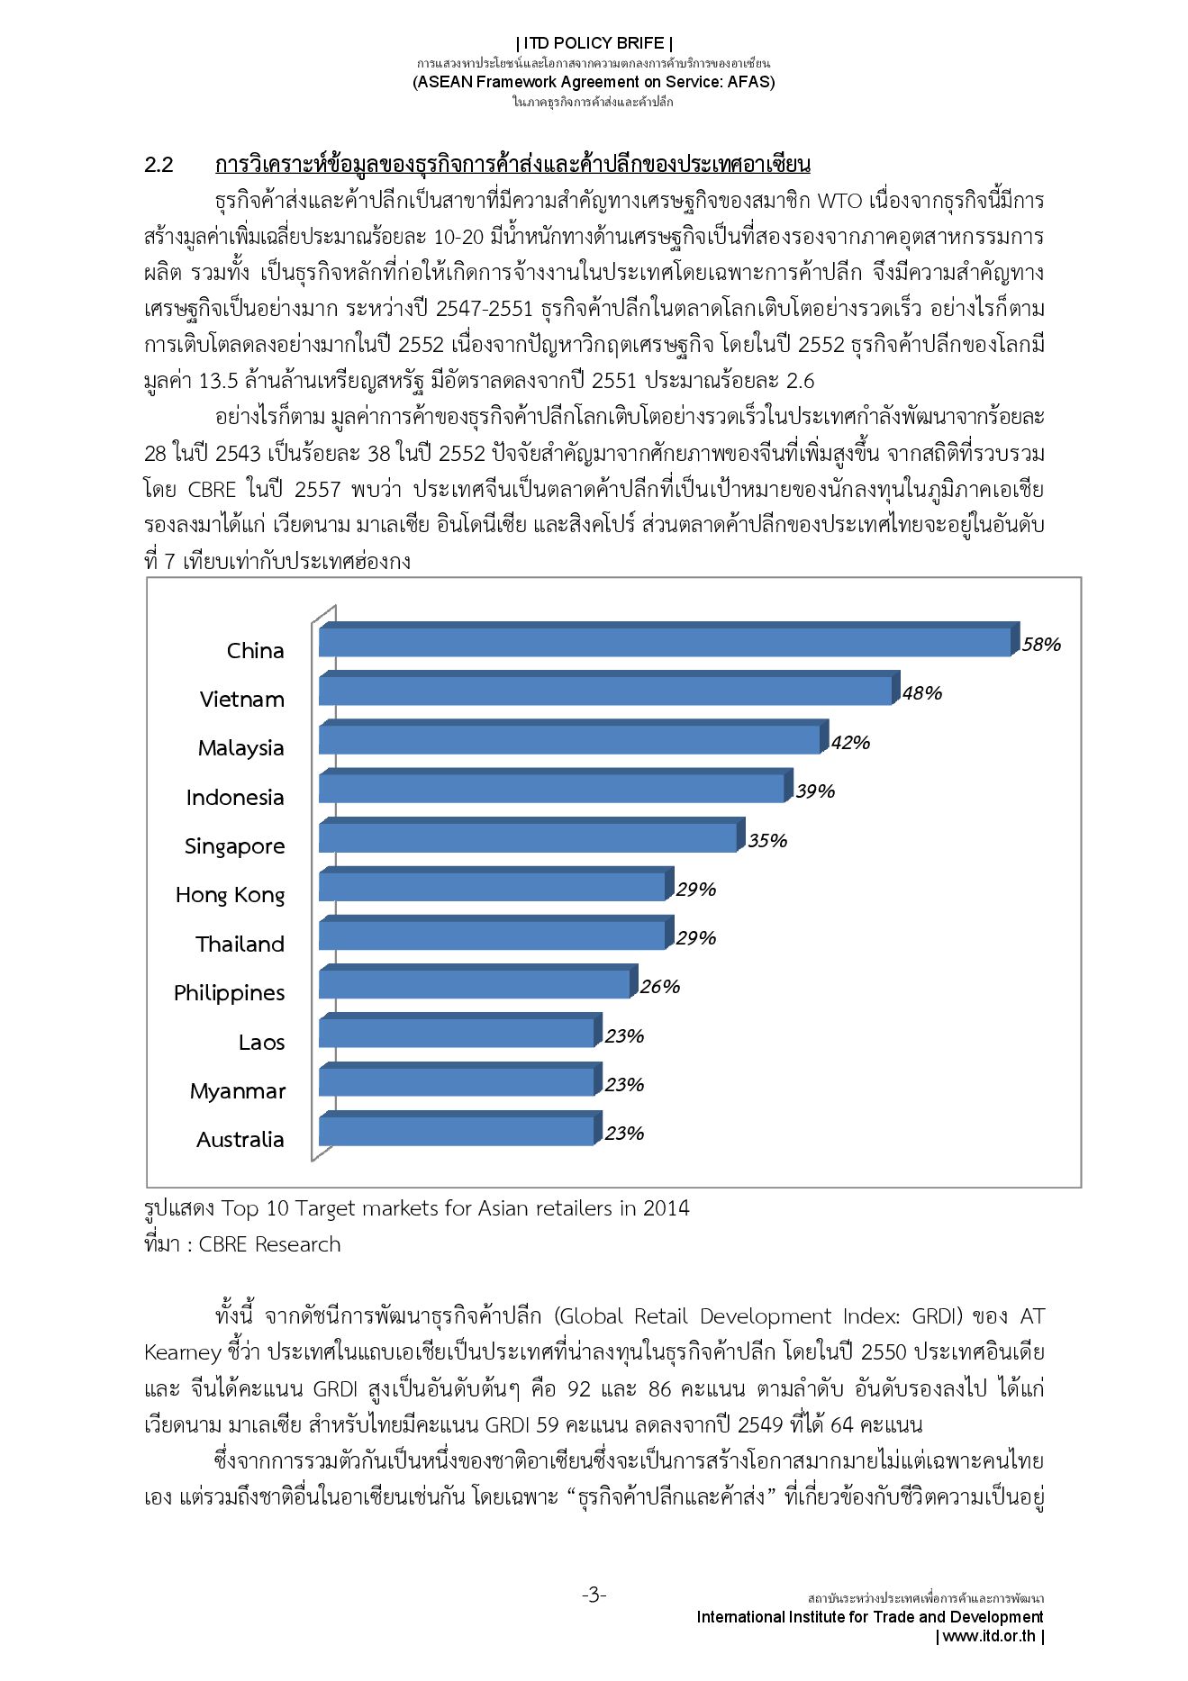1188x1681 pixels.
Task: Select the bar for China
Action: point(665,642)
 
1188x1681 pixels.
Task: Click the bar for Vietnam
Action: point(605,691)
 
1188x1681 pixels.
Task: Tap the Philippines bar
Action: point(475,984)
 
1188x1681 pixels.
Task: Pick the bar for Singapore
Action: point(528,837)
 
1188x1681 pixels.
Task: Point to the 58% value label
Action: point(1041,645)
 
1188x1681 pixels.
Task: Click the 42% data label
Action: point(850,743)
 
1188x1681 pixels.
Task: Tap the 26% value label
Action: point(660,987)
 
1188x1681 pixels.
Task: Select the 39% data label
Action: point(815,791)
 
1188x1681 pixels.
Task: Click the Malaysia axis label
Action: point(240,748)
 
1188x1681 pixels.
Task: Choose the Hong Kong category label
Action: point(230,895)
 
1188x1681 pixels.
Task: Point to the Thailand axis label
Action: point(240,944)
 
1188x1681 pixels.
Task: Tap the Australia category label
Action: point(240,1140)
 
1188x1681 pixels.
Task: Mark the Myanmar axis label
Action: point(237,1091)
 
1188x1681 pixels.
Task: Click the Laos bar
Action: point(457,1033)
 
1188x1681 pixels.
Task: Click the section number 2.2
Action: point(159,165)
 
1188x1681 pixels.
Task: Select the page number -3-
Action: point(594,1595)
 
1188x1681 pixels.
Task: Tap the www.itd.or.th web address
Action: point(989,1636)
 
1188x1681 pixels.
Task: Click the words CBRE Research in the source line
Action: point(269,1244)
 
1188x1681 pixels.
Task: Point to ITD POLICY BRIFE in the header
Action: point(594,43)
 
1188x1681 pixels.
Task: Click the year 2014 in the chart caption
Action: point(666,1208)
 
